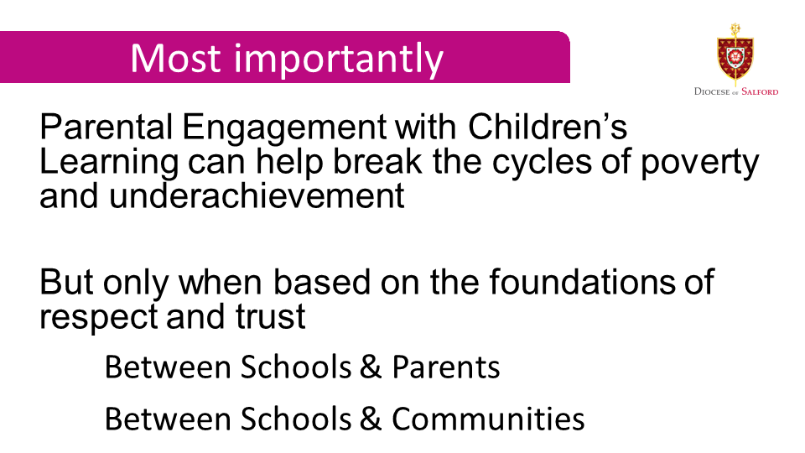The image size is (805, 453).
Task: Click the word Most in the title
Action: [175, 58]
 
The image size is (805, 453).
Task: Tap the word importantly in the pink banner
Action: [338, 60]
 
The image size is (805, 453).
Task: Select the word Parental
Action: [106, 127]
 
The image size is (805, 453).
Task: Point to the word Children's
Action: [548, 127]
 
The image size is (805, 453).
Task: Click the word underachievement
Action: [257, 195]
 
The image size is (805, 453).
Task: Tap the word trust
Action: [271, 316]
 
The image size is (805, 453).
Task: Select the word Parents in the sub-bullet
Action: [446, 367]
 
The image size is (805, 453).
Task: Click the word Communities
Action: [488, 419]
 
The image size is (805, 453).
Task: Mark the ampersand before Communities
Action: [371, 419]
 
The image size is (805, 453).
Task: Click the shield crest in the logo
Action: [735, 55]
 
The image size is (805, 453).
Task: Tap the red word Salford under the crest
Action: [760, 92]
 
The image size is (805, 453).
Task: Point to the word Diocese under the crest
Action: [712, 92]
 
